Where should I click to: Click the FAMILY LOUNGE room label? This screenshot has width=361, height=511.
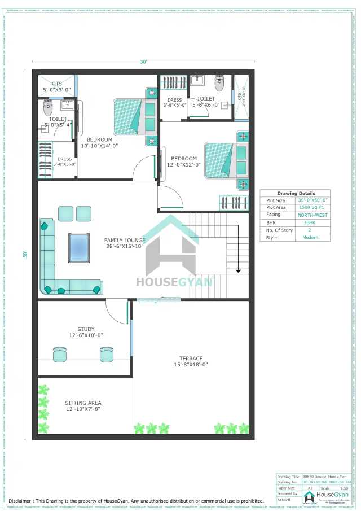[x=124, y=243]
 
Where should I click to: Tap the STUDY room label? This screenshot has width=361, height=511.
[x=86, y=332]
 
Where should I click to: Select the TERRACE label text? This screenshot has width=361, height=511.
[x=191, y=361]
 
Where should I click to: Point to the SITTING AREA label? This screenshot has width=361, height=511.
[x=83, y=406]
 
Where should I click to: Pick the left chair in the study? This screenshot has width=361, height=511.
[x=60, y=354]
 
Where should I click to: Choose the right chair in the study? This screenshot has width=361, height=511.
[x=106, y=354]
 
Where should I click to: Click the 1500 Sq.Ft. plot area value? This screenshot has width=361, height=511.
[x=309, y=208]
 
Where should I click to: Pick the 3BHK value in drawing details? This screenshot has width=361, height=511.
[x=309, y=222]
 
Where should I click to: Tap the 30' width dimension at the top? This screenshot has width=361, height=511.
[x=143, y=62]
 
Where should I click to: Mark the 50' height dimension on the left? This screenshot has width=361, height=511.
[x=25, y=255]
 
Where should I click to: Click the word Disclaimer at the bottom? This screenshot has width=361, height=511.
[x=19, y=501]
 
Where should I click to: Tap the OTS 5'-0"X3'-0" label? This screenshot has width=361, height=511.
[x=57, y=86]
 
